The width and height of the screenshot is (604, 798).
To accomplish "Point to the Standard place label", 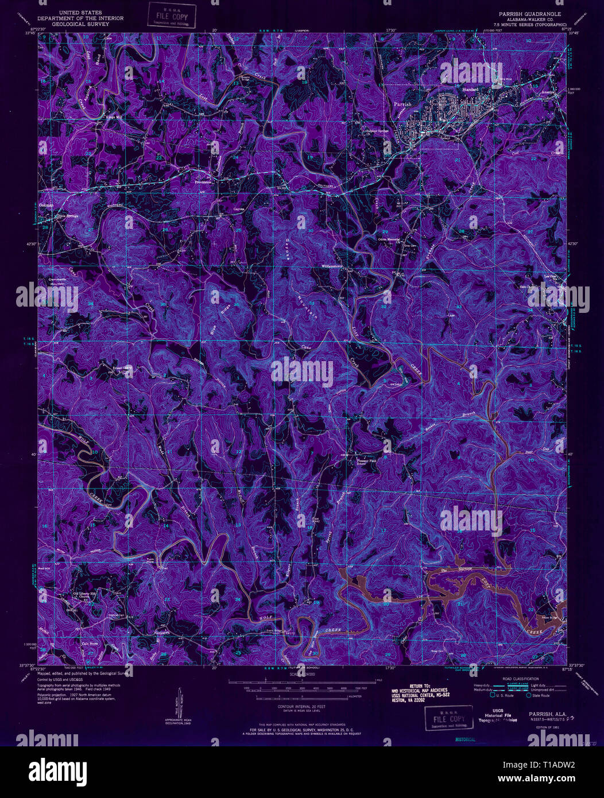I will pos(471,90).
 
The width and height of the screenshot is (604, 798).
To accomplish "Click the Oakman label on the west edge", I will pos(47,205).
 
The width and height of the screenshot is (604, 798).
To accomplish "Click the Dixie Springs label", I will pos(66,216).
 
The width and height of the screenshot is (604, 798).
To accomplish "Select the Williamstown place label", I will pos(331,266).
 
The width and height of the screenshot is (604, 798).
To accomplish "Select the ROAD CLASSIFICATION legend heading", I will pos(510,678).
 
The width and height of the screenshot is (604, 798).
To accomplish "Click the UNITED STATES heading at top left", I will pos(81,12).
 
